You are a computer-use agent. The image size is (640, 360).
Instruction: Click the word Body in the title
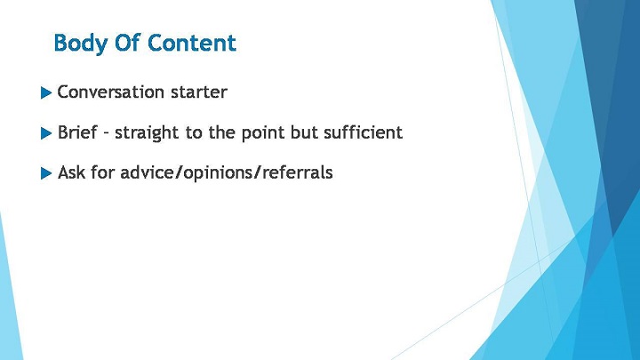80,44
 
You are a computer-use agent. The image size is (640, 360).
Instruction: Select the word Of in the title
127,43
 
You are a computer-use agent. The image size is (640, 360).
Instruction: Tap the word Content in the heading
191,43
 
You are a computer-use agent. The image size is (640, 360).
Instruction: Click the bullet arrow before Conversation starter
46,93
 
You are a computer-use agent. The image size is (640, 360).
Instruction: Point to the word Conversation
110,92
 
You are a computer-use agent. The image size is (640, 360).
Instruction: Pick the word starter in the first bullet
199,92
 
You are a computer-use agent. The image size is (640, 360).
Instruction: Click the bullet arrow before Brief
46,133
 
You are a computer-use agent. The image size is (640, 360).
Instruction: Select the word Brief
77,132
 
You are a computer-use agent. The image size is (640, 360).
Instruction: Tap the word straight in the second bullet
147,133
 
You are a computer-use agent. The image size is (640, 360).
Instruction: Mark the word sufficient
364,132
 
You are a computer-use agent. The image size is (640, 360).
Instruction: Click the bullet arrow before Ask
46,173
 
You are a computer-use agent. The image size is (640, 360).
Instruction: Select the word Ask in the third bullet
71,172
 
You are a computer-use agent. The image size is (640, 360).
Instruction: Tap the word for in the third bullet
102,172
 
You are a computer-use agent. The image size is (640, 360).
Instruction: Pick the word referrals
298,172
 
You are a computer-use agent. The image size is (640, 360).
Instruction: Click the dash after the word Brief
106,134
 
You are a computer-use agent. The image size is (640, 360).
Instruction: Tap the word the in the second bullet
221,132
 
